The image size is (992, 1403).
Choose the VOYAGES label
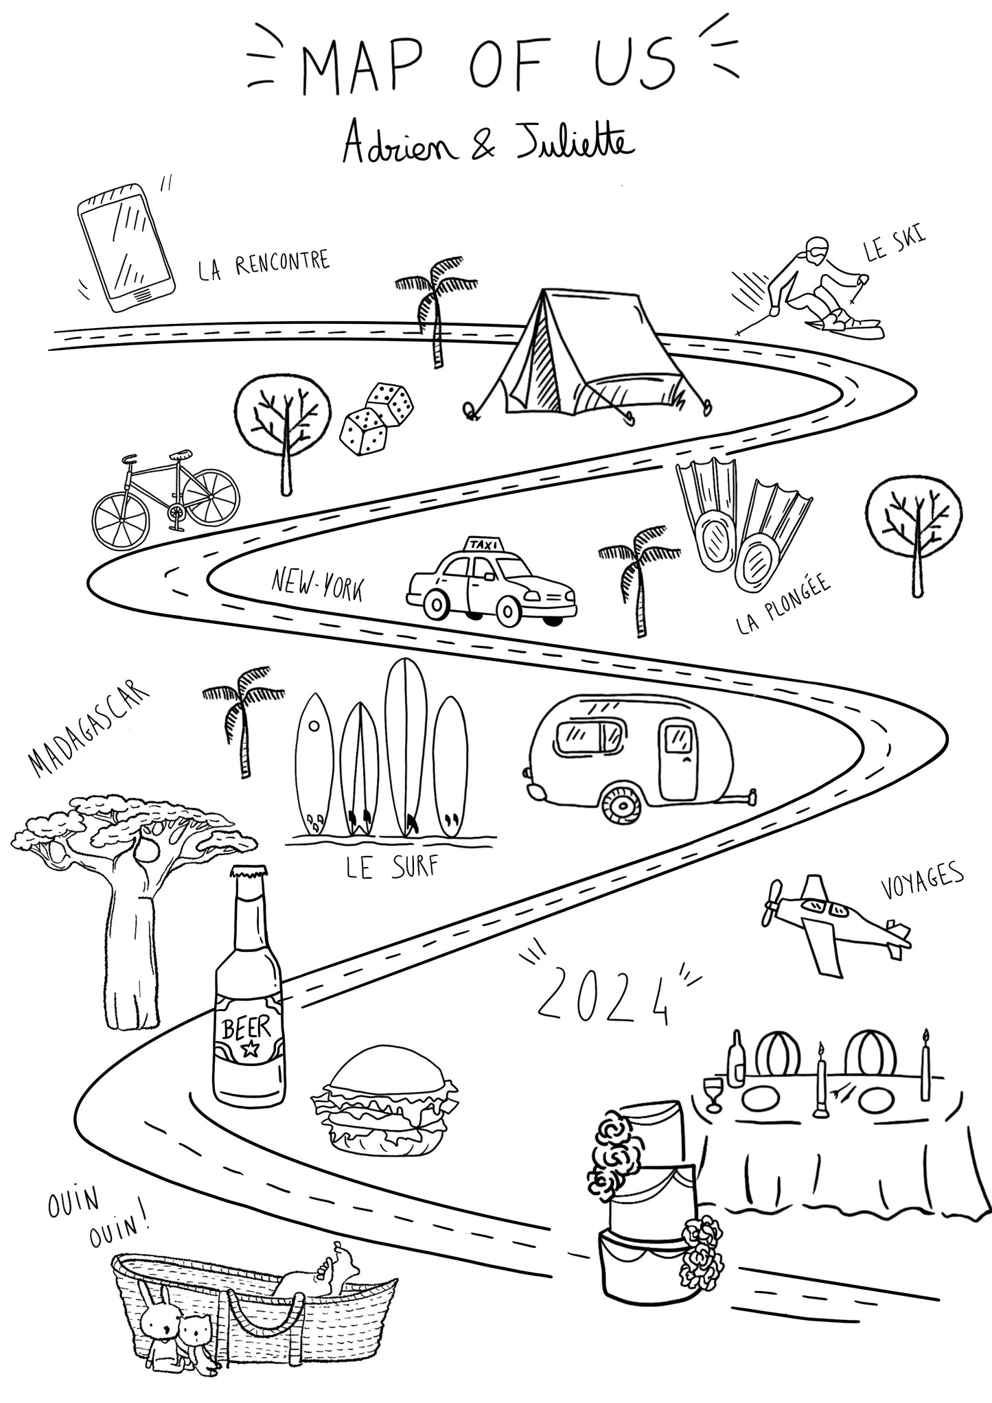coord(921,880)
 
